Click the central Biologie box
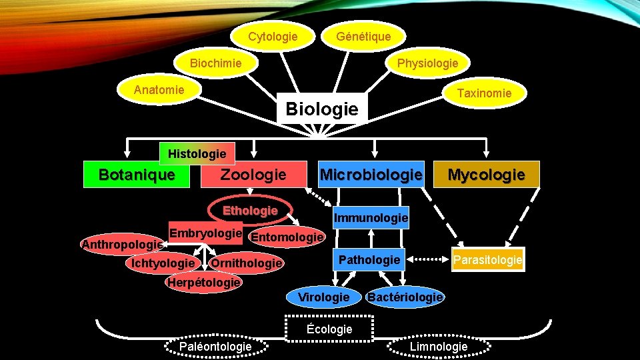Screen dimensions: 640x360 tap(322, 108)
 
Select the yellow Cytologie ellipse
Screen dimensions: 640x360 tap(273, 36)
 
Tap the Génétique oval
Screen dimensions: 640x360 tap(363, 36)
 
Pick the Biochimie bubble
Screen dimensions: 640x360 tap(216, 63)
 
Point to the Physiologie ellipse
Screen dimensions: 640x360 tap(427, 63)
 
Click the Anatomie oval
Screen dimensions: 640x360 tap(159, 90)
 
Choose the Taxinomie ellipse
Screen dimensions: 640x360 tap(484, 93)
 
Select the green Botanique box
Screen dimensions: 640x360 tap(136, 175)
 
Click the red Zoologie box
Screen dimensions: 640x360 tap(253, 175)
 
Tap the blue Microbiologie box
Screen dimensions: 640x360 tap(371, 175)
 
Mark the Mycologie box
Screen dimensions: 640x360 tap(486, 175)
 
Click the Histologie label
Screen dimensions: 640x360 tap(197, 154)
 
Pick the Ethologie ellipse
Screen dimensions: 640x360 tap(250, 211)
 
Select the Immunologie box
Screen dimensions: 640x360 tap(371, 218)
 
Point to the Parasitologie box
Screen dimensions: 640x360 tap(487, 260)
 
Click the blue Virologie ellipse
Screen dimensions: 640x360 tap(323, 297)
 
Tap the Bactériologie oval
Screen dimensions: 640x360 tap(405, 297)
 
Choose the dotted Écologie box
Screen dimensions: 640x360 tap(329, 329)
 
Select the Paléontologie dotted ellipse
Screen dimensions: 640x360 tap(215, 346)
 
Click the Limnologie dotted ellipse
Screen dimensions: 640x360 tap(438, 346)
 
